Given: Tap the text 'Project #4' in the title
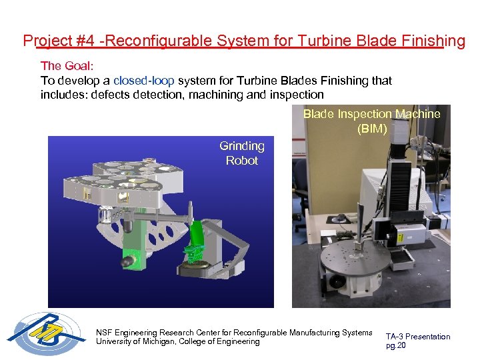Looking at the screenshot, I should [x=58, y=41].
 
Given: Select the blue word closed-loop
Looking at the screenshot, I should [x=144, y=81].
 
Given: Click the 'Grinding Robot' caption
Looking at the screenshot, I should [x=242, y=153].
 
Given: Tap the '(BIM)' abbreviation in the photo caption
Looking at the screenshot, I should [x=371, y=129].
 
